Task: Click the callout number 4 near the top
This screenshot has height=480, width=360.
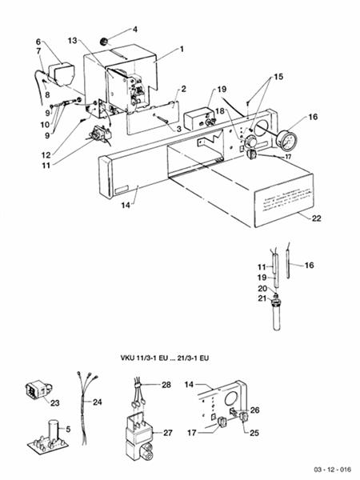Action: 134,30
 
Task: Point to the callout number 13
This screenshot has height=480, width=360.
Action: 72,39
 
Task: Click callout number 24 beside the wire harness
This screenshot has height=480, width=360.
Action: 98,402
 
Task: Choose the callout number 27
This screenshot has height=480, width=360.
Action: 167,432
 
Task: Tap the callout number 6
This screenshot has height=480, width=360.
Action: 37,42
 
